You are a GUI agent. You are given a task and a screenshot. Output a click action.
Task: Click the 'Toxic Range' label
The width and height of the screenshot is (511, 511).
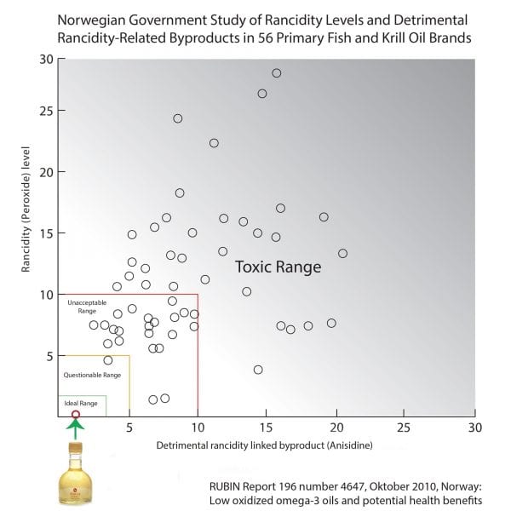278,267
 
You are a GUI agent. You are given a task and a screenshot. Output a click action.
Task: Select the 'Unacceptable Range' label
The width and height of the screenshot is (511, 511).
87,307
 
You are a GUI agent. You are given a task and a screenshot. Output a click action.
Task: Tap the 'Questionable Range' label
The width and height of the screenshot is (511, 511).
93,375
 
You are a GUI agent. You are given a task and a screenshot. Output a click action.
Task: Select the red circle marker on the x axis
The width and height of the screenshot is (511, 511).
76,415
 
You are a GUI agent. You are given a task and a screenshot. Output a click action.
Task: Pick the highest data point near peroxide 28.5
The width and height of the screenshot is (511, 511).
276,73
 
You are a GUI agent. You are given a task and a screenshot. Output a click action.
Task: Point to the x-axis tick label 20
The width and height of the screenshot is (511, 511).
336,427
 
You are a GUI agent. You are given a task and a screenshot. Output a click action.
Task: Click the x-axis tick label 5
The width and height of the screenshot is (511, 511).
129,427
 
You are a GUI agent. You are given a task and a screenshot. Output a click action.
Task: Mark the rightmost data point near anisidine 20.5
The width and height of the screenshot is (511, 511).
342,253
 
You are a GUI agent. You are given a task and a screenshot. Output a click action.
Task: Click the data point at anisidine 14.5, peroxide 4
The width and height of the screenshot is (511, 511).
258,370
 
